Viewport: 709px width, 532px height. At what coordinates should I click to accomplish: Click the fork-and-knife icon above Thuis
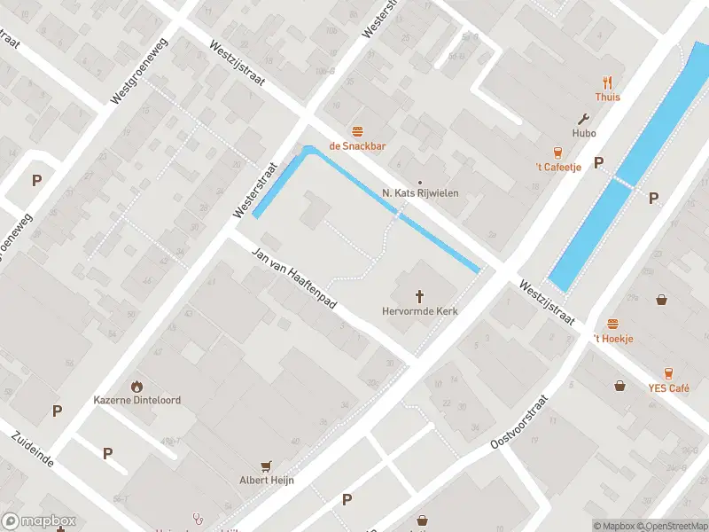[608, 82]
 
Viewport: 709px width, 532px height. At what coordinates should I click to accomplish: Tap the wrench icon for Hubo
[583, 118]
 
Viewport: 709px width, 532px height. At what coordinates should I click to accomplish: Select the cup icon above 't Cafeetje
[558, 153]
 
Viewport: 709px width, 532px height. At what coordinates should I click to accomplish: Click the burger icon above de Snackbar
[358, 131]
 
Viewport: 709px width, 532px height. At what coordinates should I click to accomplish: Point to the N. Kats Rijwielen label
[420, 192]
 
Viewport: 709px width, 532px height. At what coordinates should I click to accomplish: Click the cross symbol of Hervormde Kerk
[419, 296]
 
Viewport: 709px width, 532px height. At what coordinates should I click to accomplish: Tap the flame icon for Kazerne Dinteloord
[136, 386]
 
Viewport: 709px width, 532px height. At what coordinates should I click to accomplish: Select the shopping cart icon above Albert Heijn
[266, 465]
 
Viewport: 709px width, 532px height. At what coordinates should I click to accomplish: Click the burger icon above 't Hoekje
[612, 325]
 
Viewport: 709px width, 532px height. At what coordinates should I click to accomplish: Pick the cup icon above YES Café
[668, 373]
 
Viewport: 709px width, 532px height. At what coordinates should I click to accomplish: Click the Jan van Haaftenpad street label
[295, 278]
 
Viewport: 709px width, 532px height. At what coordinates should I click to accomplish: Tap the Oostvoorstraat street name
[520, 421]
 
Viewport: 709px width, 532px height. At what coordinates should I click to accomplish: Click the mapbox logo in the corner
[39, 521]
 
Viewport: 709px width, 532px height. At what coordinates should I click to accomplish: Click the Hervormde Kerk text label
[419, 311]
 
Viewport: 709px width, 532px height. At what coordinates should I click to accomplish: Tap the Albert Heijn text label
[266, 481]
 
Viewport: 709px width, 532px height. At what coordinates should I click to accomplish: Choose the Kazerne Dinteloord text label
[137, 400]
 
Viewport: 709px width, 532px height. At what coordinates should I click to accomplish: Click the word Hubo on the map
[583, 133]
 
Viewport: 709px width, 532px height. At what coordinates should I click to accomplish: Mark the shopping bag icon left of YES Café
[620, 385]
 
